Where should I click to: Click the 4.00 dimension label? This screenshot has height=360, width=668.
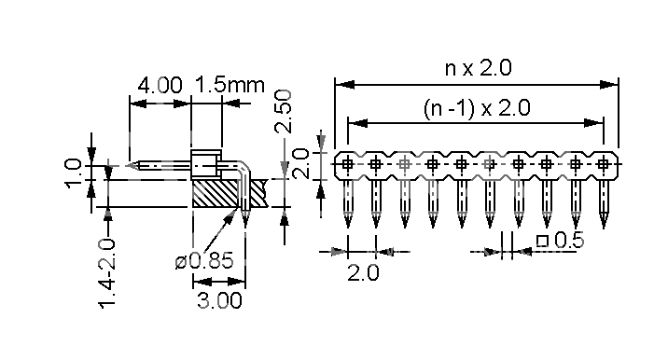point(160,85)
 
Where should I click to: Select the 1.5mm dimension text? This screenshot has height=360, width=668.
point(230,85)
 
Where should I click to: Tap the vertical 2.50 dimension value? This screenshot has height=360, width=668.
point(284,111)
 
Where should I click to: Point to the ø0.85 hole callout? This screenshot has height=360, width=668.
point(204,261)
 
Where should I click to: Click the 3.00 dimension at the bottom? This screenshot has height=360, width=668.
point(219,301)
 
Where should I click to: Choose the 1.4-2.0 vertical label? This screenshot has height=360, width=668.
point(107,273)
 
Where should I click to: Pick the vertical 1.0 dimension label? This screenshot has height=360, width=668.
point(74,173)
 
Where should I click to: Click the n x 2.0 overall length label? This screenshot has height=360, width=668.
point(478,68)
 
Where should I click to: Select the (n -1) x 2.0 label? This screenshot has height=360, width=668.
point(477,108)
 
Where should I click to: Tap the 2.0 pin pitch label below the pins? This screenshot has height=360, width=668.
point(363,272)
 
